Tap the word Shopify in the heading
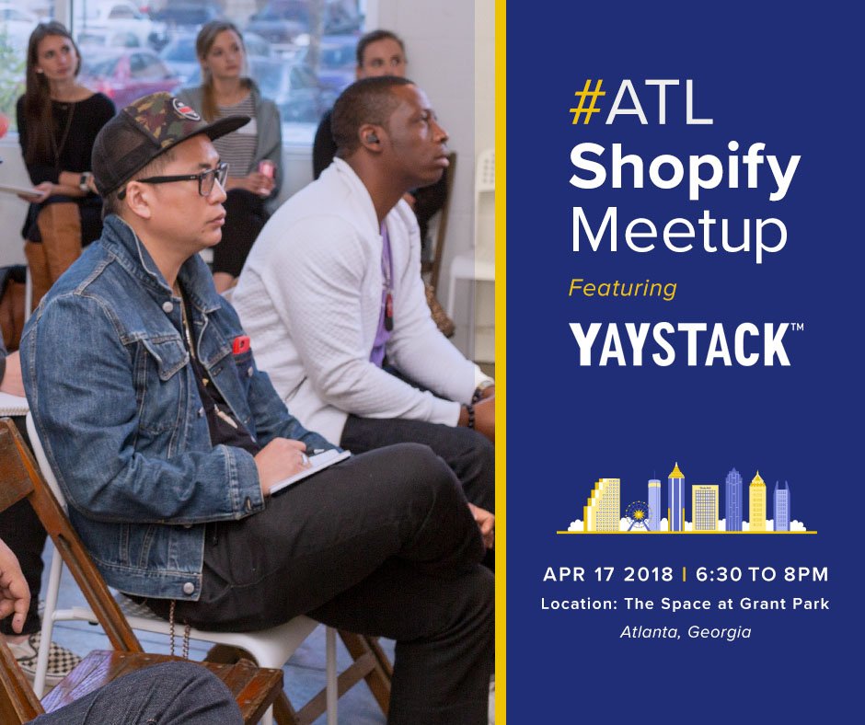click(684, 169)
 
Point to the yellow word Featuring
click(622, 288)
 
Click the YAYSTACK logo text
click(679, 344)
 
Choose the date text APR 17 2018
click(608, 575)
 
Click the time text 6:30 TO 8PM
click(762, 575)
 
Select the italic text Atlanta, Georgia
click(686, 632)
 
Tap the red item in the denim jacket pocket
click(240, 345)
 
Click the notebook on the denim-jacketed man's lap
click(309, 468)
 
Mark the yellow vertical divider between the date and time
click(684, 575)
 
